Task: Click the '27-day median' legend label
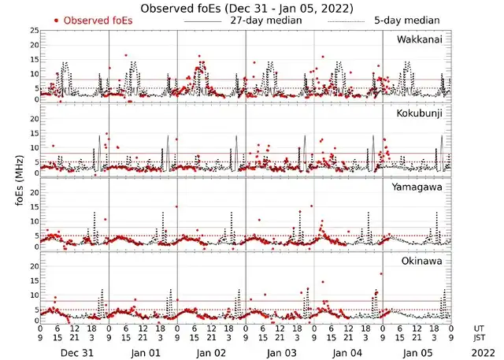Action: point(265,20)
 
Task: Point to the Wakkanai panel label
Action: point(419,39)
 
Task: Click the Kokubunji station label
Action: point(419,113)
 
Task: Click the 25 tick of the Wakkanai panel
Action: point(34,30)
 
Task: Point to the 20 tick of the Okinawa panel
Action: point(34,265)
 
